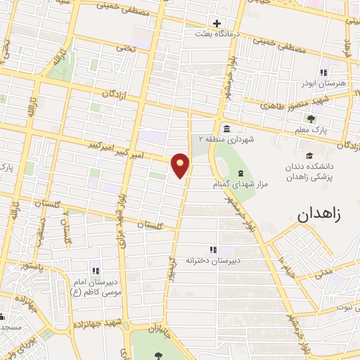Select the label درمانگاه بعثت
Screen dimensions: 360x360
click(x=217, y=33)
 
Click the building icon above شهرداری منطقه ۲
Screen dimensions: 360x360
click(x=227, y=129)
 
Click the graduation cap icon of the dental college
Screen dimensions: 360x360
click(x=309, y=155)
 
